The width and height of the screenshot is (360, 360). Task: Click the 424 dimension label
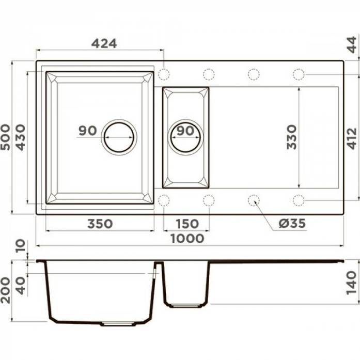[x=104, y=43]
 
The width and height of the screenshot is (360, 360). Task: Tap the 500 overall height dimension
[x=6, y=137]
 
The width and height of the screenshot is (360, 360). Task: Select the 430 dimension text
[x=21, y=137]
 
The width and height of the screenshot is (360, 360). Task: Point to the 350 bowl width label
[x=100, y=224]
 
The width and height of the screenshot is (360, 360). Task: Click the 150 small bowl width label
[x=187, y=224]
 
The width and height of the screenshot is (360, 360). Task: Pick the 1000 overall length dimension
[x=187, y=238]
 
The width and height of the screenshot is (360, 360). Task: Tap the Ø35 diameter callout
[x=292, y=223]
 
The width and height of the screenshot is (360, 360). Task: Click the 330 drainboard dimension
[x=292, y=137]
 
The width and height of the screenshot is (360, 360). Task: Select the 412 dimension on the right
[x=352, y=138]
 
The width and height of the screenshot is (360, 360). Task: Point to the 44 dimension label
[x=353, y=45]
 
